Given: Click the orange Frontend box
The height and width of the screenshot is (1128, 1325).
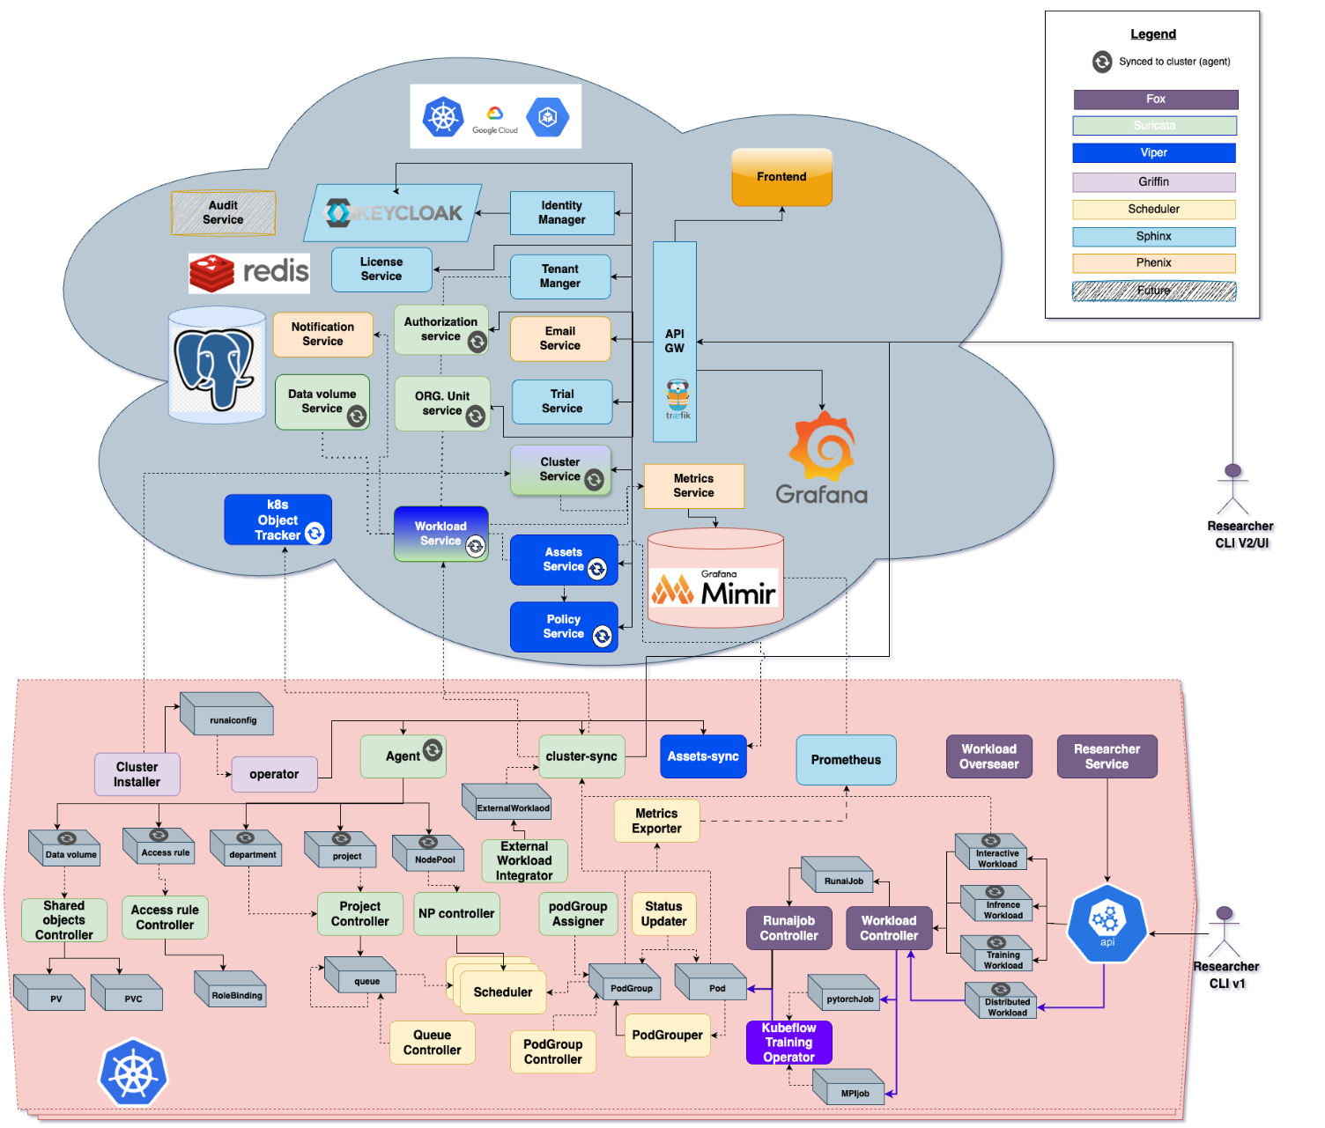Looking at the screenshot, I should click(781, 177).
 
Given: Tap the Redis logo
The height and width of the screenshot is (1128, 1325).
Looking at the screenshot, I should click(249, 273).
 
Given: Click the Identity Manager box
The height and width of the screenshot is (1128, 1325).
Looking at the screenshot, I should click(561, 213).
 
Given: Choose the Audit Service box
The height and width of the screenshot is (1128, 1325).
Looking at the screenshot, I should click(223, 213).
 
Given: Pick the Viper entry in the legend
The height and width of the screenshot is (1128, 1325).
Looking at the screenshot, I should click(1153, 153).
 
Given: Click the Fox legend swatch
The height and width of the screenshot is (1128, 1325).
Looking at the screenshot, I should click(1155, 100).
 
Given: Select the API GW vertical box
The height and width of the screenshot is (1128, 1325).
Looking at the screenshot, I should click(674, 342).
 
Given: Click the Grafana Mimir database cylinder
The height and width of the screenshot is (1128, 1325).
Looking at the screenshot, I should click(715, 579).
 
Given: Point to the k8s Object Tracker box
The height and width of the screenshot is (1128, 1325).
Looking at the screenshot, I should click(278, 520).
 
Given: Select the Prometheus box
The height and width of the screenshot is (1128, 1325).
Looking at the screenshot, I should click(846, 760).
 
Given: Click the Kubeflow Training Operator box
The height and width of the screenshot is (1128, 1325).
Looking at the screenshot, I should click(788, 1043).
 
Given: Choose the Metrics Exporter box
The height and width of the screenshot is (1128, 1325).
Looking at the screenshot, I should click(656, 821).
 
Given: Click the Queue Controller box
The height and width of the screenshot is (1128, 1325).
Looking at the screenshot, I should click(432, 1043).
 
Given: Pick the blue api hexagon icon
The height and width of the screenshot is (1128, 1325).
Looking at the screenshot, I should click(1107, 923).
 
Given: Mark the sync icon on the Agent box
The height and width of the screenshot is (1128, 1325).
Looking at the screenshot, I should click(433, 749).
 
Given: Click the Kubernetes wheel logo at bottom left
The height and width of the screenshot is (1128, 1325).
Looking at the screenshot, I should click(133, 1073).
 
